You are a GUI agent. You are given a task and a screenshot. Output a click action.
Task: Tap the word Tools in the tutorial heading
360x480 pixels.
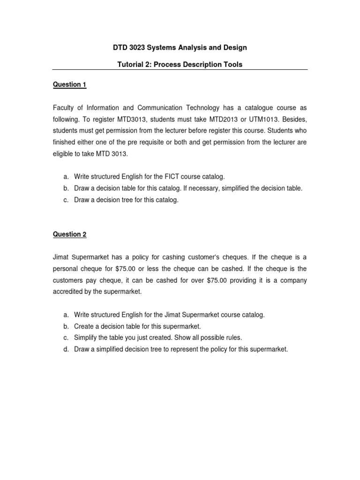[x=232, y=64]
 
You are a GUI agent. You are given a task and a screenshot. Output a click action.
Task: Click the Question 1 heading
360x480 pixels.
[x=69, y=84]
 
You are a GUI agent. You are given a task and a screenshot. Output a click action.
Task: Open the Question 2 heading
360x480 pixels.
[x=69, y=234]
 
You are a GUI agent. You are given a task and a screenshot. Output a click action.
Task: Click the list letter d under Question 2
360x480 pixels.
[x=66, y=349]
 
